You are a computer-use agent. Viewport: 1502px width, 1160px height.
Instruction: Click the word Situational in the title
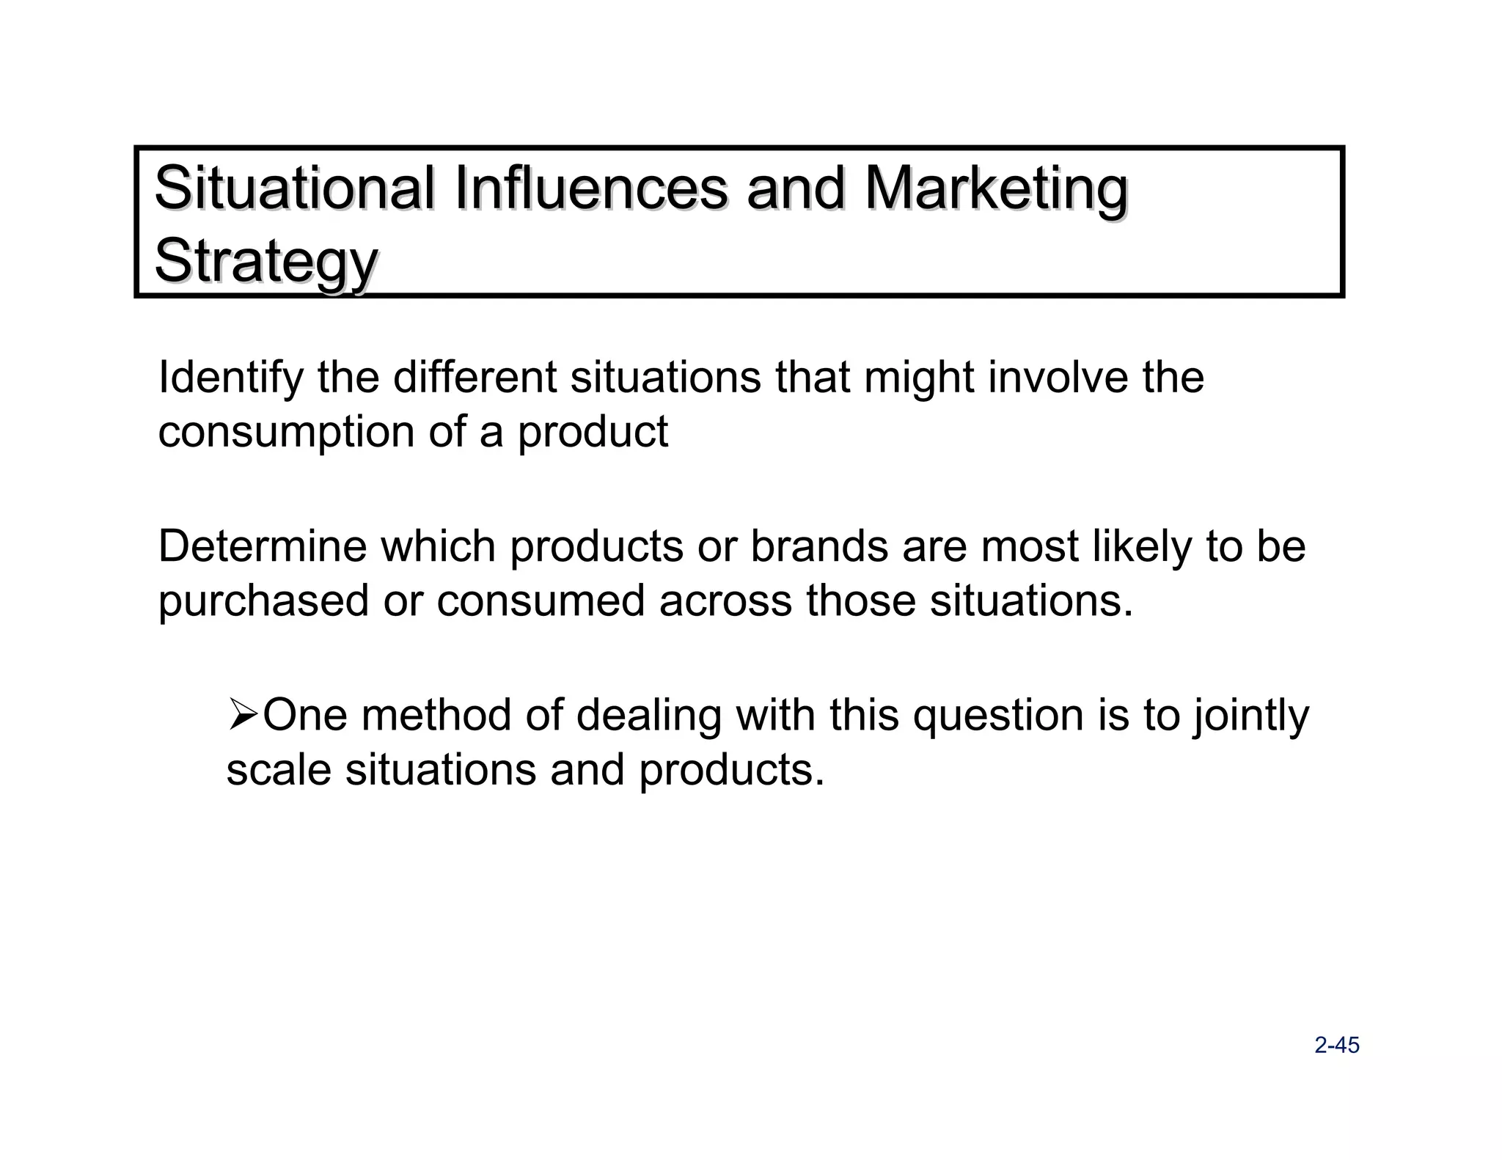(x=293, y=188)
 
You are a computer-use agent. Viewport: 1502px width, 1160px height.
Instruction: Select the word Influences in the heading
(x=590, y=188)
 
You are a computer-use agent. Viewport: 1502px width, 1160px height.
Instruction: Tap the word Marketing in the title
(x=995, y=188)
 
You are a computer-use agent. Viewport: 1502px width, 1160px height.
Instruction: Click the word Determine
(x=262, y=547)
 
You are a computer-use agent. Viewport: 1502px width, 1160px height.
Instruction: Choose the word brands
(x=819, y=547)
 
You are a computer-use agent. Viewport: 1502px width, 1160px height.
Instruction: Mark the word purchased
(x=263, y=601)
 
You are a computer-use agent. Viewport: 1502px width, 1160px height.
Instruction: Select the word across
(x=725, y=601)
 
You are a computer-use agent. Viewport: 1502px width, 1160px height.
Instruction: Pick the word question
(x=998, y=716)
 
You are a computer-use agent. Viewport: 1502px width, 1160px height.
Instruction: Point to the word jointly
(x=1250, y=716)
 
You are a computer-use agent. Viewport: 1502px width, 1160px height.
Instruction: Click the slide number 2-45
(x=1337, y=1046)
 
